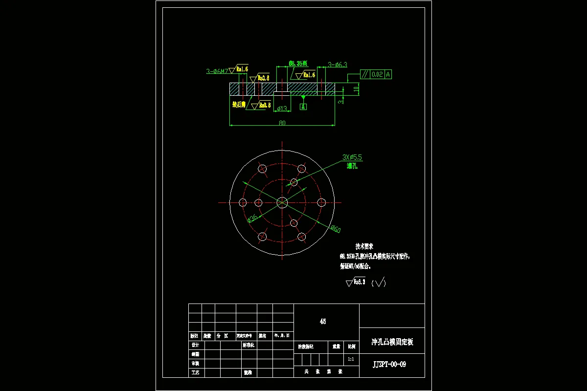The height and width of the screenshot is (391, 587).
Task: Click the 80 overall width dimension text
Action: [282, 123]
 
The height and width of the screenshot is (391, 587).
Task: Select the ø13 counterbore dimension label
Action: [282, 109]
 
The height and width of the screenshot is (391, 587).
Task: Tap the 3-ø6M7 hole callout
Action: [217, 71]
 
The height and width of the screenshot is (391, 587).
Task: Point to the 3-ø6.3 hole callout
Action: [337, 65]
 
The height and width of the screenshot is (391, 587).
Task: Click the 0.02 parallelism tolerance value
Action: [377, 75]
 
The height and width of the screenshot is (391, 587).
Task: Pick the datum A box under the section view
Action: [303, 106]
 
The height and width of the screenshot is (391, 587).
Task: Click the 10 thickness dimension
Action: [356, 88]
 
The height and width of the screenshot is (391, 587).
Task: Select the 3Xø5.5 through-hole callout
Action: [352, 157]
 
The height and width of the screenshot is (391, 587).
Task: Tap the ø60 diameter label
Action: [335, 229]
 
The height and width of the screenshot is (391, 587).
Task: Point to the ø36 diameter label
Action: [252, 218]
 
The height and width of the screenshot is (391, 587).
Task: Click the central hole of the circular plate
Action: [282, 202]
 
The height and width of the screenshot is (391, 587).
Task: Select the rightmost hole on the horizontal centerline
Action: [321, 202]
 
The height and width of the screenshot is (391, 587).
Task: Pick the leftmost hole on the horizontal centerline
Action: [243, 202]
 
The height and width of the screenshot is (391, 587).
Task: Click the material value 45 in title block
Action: [323, 322]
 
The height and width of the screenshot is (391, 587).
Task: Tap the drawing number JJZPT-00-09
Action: [389, 365]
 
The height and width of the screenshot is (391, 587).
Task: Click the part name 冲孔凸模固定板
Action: [392, 342]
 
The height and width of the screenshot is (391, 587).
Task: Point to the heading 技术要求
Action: [364, 247]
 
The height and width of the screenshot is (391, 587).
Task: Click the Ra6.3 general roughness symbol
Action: [356, 282]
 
